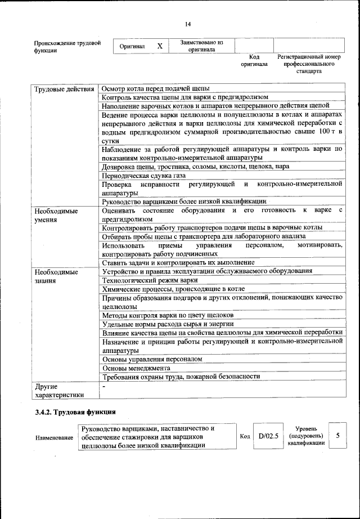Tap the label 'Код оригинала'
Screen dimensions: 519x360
coord(254,61)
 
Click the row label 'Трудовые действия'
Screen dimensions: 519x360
coord(64,89)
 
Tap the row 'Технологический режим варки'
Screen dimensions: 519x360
coord(150,280)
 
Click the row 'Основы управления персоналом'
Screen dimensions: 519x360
coord(152,358)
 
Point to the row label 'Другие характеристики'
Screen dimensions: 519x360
coord(58,390)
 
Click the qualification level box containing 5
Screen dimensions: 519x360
coord(337,436)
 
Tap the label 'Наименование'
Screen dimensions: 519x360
coord(54,437)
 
